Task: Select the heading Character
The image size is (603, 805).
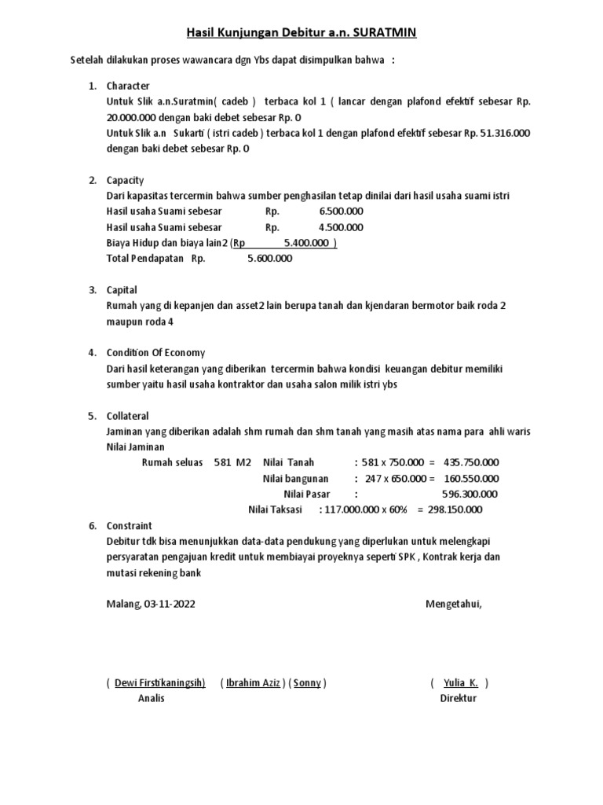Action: [128, 86]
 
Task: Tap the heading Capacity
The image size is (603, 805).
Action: [126, 180]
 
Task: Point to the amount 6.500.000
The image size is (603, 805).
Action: [341, 211]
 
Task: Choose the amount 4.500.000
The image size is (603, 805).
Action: [341, 227]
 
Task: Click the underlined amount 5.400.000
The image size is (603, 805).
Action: [307, 243]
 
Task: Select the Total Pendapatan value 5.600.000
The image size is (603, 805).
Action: [269, 258]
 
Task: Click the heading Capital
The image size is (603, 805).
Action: [122, 290]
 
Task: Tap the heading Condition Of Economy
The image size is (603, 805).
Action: [155, 352]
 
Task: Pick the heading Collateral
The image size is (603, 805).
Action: [127, 415]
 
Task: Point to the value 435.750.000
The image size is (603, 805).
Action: [471, 462]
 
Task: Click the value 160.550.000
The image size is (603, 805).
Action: [471, 478]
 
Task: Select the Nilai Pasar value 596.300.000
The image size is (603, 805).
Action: [470, 494]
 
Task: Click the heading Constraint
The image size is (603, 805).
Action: [129, 525]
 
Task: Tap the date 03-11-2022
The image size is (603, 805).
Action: [170, 604]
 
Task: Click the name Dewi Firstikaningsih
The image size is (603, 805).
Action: [159, 682]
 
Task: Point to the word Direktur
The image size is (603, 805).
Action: [459, 698]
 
